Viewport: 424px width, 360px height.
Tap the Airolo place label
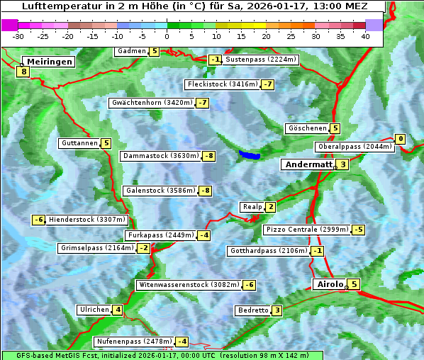(329, 284)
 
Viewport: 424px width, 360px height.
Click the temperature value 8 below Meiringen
(23, 71)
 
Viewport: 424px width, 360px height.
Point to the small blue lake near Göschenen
(249, 154)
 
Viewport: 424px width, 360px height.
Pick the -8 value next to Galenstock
(205, 191)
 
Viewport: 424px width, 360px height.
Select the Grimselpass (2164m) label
(96, 248)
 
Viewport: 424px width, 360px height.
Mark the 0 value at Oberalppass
(401, 139)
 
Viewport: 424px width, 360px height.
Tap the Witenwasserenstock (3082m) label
(188, 285)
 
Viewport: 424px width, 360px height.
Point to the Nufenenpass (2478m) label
(133, 342)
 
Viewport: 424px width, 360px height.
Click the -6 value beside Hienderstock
(39, 220)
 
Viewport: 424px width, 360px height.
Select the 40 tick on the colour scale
(365, 36)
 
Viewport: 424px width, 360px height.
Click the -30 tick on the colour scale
(18, 36)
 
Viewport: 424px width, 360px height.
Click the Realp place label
(252, 207)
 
